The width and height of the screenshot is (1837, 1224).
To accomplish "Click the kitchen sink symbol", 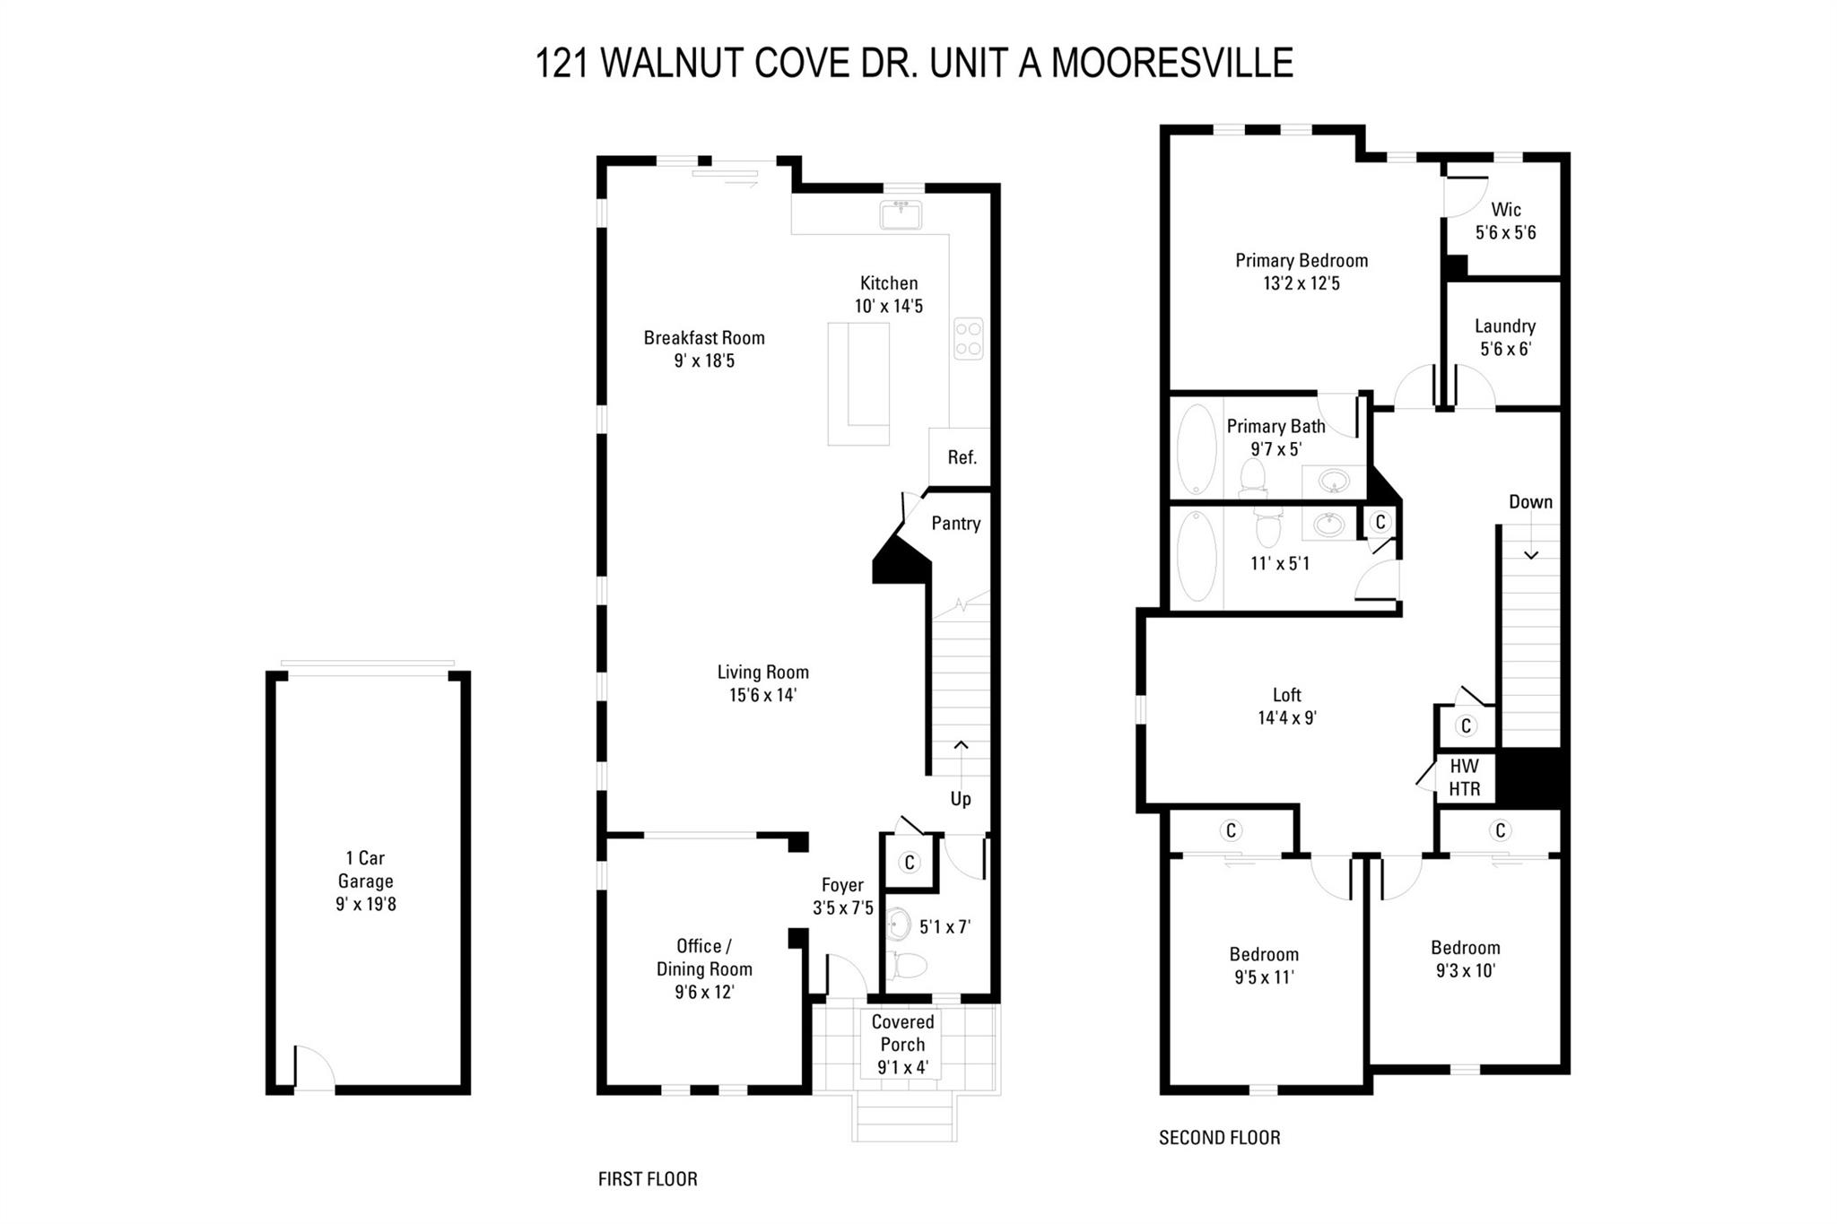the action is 901,215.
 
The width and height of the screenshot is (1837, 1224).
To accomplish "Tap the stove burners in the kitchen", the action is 968,339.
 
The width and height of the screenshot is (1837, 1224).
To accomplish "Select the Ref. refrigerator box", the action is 960,457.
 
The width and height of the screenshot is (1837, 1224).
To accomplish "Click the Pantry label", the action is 955,524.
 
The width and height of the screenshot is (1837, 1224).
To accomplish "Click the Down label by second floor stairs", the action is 1530,502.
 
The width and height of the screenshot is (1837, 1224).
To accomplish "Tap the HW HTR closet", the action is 1465,777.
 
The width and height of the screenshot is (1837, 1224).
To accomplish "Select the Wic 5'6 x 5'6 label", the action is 1506,221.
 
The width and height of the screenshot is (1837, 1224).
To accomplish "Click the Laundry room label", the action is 1505,326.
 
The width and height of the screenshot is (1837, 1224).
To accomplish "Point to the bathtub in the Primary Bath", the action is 1197,449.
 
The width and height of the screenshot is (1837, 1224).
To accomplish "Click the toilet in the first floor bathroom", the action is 910,966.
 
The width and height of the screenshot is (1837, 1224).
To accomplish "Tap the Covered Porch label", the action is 902,1033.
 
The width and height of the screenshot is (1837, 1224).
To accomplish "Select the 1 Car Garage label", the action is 366,870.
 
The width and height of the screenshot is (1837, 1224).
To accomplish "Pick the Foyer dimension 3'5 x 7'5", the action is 843,908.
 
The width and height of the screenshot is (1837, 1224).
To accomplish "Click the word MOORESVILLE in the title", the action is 1171,64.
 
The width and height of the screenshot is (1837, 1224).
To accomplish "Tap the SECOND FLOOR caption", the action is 1220,1138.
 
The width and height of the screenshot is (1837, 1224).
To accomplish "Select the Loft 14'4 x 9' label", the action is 1287,707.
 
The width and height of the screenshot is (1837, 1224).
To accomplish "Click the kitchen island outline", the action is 858,384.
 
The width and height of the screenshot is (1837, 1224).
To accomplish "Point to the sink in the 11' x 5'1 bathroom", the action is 1328,525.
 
